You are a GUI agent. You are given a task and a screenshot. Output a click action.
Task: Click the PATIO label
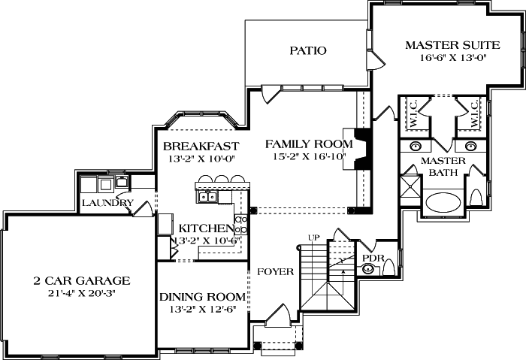(308, 51)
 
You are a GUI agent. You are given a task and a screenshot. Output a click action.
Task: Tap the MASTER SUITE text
(447, 44)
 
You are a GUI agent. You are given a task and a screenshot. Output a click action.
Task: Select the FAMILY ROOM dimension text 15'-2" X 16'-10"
(309, 156)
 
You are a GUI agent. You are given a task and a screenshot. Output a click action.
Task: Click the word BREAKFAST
(201, 145)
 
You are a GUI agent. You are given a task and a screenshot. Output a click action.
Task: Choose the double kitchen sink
(207, 197)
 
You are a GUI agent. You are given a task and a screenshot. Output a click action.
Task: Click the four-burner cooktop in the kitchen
(242, 223)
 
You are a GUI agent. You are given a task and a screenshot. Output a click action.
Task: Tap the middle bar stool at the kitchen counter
(220, 180)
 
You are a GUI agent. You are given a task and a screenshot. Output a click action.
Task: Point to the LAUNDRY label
(107, 203)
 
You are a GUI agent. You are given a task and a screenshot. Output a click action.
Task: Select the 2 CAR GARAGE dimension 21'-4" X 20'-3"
(81, 293)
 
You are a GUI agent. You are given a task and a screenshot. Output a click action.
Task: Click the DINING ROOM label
(203, 296)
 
